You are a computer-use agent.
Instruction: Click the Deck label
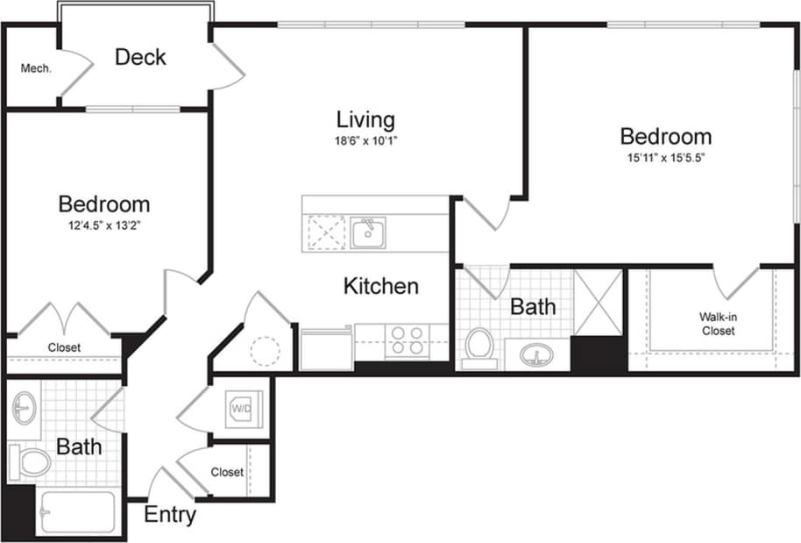140,58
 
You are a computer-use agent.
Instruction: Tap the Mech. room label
35,68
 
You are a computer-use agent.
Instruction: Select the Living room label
365,119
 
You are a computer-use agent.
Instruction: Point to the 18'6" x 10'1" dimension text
365,140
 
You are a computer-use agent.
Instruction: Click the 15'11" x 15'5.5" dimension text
665,159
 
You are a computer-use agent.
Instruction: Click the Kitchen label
380,286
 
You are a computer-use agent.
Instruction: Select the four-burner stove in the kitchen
407,339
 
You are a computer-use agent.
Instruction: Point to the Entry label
170,515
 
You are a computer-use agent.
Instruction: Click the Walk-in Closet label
716,324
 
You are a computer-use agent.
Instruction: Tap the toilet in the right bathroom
479,344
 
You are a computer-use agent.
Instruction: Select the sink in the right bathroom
537,355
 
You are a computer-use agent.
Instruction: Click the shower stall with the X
598,303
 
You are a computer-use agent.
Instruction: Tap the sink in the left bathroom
24,408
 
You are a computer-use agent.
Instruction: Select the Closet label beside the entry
227,472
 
